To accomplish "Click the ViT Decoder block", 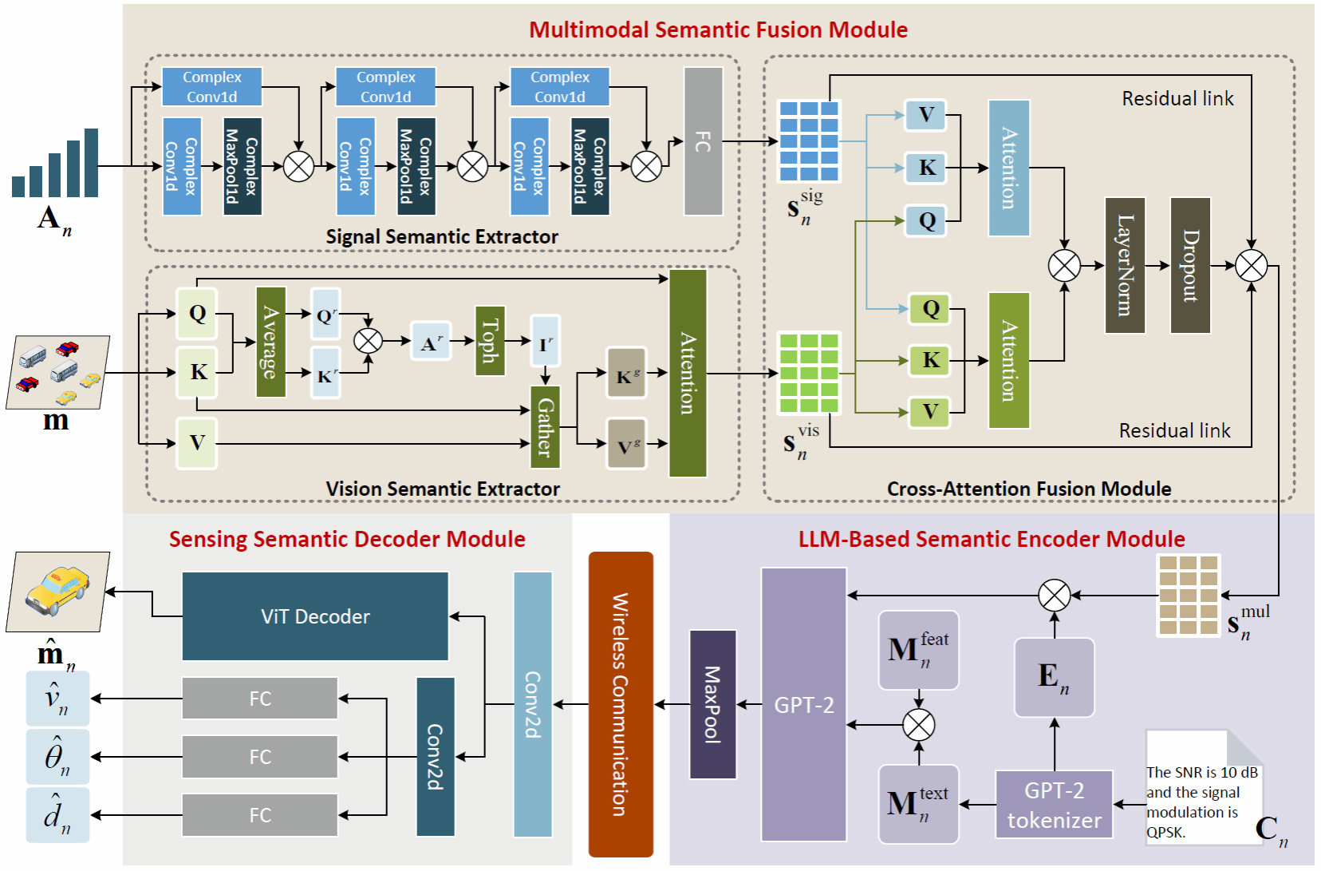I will tap(315, 616).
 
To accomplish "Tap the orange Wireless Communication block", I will tap(621, 704).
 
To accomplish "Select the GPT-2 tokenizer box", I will tap(1054, 805).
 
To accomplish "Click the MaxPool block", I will tap(712, 704).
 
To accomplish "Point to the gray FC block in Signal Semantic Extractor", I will tap(703, 141).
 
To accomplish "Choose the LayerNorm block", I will tap(1125, 265).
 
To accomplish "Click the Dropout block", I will tap(1190, 265).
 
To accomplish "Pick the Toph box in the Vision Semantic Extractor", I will tap(489, 341).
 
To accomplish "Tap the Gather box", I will tap(546, 427).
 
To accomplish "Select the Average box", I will tap(270, 342).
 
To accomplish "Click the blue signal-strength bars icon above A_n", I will tap(55, 164).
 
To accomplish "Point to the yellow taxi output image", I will tap(57, 592).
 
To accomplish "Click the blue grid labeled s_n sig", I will tap(809, 141).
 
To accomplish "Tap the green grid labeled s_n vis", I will tap(809, 373).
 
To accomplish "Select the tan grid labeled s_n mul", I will tap(1188, 596).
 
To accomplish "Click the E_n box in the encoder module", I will tap(1054, 677).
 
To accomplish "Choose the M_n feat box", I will tap(918, 650).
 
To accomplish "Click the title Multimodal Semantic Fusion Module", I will tap(718, 30).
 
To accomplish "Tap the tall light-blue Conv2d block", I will tap(532, 704).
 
